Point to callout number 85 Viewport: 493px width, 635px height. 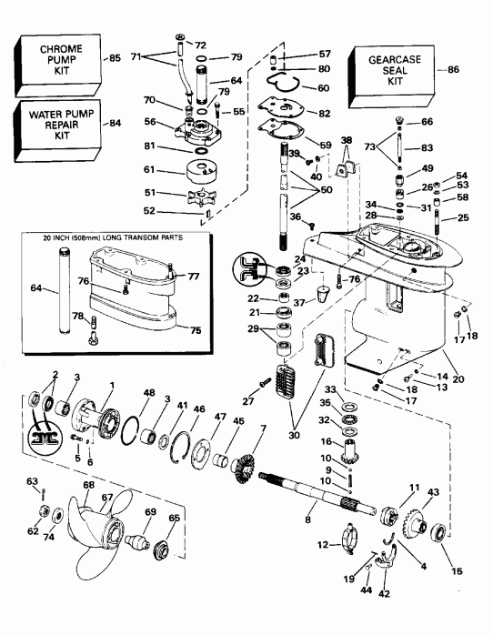(x=115, y=58)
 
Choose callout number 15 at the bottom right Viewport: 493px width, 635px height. (x=457, y=571)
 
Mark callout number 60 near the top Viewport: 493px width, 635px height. (x=322, y=87)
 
